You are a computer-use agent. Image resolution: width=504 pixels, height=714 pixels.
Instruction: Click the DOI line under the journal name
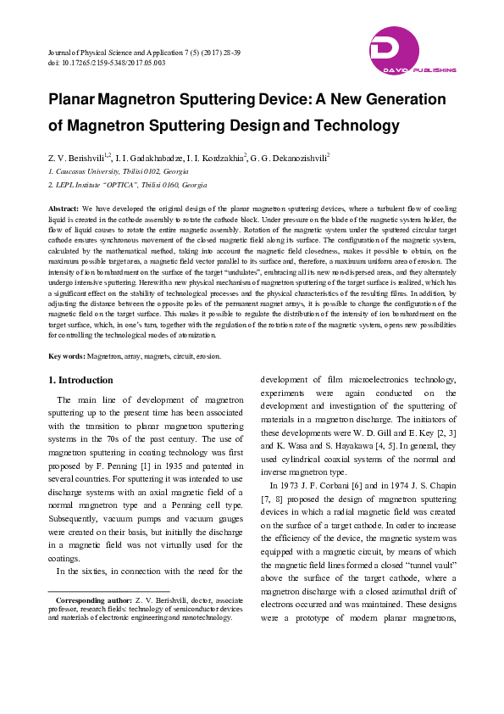pyautogui.click(x=107, y=64)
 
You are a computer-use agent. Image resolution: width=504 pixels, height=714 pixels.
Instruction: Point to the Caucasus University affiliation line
pyautogui.click(x=119, y=171)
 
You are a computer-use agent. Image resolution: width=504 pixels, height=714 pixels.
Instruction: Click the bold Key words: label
pyautogui.click(x=67, y=356)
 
